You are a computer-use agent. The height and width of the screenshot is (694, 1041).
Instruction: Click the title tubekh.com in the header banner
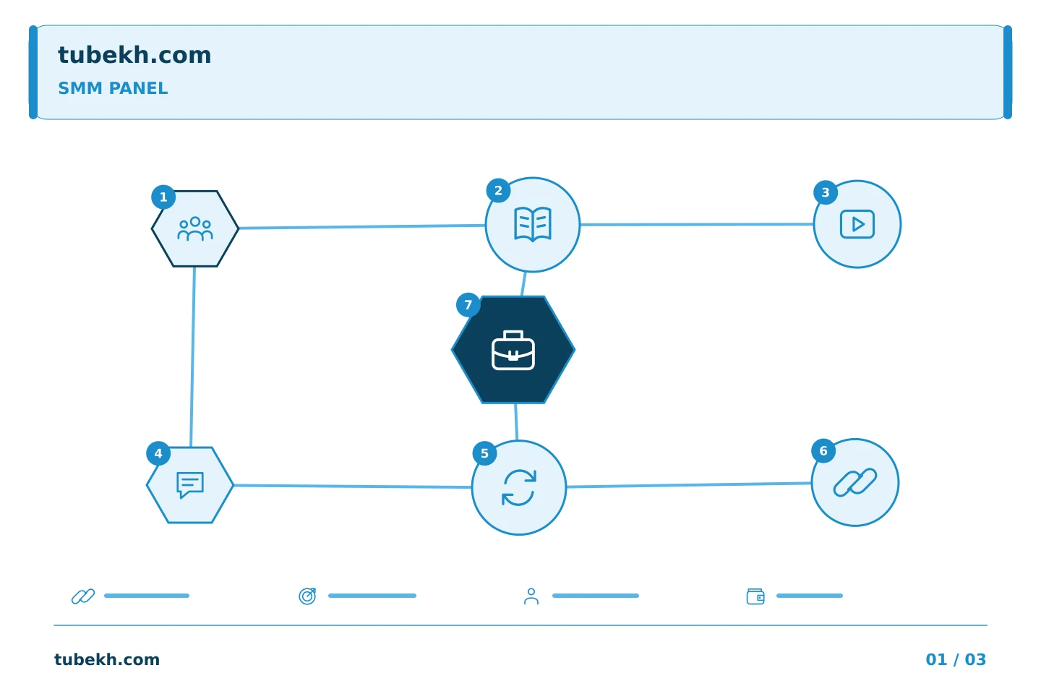point(134,55)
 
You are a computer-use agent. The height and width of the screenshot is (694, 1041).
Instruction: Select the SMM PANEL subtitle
point(113,88)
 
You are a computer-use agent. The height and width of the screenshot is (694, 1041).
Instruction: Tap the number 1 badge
point(163,197)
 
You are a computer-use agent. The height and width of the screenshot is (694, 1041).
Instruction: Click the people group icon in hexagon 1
point(195,228)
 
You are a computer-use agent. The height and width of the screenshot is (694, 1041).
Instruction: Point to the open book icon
point(533,225)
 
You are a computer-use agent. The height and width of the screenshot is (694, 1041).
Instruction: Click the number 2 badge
point(498,191)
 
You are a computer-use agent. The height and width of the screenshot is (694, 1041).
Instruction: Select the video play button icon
point(857,225)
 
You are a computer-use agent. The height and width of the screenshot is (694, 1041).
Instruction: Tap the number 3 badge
point(826,192)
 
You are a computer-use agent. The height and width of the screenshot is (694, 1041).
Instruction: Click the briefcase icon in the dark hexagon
point(513,351)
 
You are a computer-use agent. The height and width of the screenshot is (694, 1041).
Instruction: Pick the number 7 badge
point(468,305)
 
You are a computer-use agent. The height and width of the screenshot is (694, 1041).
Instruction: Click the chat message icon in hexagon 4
point(190,485)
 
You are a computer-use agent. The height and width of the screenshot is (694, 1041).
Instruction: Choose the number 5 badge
point(484,453)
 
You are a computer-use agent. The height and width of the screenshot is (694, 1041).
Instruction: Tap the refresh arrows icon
point(519,488)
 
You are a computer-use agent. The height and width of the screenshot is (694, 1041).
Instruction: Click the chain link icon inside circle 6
point(855,482)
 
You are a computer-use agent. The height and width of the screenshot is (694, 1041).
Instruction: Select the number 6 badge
point(823,451)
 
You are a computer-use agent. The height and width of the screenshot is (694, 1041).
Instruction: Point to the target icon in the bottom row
point(307,596)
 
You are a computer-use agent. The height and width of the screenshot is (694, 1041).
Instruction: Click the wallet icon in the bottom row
point(755,596)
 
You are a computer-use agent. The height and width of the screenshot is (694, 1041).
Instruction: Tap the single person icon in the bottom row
point(531,596)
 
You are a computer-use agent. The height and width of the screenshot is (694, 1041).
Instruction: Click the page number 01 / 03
point(956,659)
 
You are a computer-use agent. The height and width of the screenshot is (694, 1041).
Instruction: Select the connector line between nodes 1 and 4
point(192,357)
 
